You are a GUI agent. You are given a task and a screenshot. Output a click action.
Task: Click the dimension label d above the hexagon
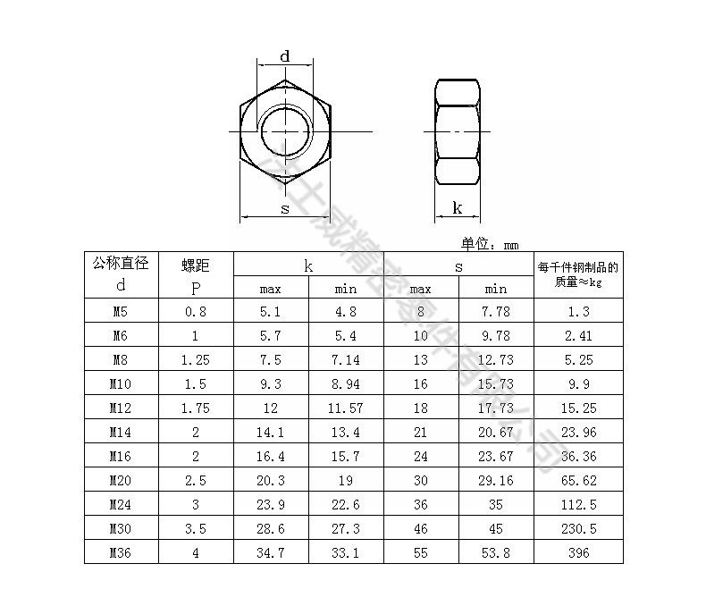[x=285, y=56]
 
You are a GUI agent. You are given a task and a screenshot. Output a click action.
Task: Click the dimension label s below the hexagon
[x=285, y=208]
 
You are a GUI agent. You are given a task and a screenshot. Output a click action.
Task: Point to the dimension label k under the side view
[x=458, y=208]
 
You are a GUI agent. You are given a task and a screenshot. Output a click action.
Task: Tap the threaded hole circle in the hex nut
[x=285, y=131]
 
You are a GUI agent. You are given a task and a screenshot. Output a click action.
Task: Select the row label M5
[x=121, y=311]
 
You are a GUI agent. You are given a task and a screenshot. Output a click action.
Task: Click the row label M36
[x=121, y=552]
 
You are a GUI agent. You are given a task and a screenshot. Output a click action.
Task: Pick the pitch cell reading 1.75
[x=196, y=408]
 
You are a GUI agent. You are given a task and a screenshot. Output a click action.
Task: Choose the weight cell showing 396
[x=578, y=552]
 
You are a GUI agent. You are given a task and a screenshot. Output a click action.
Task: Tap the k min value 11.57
[x=346, y=408]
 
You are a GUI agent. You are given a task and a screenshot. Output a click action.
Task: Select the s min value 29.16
[x=495, y=480]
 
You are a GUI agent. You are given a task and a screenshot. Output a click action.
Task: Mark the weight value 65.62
[x=578, y=480]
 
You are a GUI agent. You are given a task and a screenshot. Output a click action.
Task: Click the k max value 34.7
[x=271, y=552]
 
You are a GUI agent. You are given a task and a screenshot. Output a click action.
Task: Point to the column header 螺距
[x=196, y=265]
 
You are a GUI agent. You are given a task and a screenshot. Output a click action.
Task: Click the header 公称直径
[x=121, y=264]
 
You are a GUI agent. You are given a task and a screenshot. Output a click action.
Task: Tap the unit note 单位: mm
[x=490, y=243]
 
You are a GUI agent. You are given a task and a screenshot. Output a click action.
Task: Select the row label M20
[x=121, y=480]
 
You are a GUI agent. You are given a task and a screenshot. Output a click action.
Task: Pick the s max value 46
[x=420, y=528]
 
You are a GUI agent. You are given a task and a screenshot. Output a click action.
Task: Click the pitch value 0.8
[x=196, y=311]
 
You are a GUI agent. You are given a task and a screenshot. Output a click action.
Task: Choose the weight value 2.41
[x=578, y=335]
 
